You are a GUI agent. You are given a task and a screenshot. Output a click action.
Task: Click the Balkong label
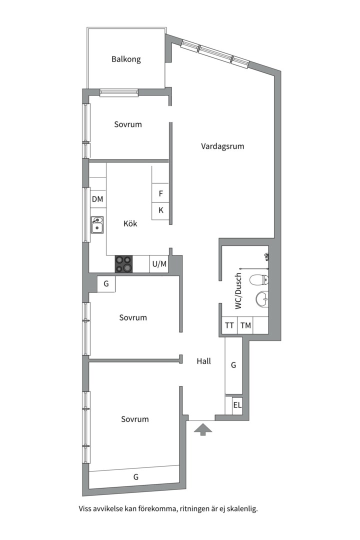[126, 59]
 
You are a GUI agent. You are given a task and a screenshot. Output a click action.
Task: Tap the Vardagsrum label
[222, 146]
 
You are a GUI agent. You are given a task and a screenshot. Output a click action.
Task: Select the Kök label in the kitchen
[130, 224]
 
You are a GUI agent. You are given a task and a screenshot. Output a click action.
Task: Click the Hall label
[203, 361]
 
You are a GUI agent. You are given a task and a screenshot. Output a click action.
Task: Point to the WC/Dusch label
[238, 291]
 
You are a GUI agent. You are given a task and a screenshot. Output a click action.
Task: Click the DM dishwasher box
[97, 199]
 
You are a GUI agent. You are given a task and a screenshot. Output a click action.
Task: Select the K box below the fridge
[160, 210]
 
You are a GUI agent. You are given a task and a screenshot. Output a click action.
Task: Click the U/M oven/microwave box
[159, 264]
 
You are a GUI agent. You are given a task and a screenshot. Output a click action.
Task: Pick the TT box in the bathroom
[229, 325]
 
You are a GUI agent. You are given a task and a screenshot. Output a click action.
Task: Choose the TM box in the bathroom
[245, 325]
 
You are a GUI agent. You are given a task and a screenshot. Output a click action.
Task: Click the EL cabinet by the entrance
[237, 405]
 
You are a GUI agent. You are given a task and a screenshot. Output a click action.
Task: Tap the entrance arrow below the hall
[202, 429]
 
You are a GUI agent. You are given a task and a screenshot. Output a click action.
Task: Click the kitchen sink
[97, 225]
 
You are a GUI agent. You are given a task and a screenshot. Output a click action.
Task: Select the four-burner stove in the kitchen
[124, 264]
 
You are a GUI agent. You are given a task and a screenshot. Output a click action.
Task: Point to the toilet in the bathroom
[259, 281]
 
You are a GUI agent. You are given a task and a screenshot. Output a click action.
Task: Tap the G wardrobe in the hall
[233, 365]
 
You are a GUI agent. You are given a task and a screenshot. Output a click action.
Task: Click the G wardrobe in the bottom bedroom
[135, 477]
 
